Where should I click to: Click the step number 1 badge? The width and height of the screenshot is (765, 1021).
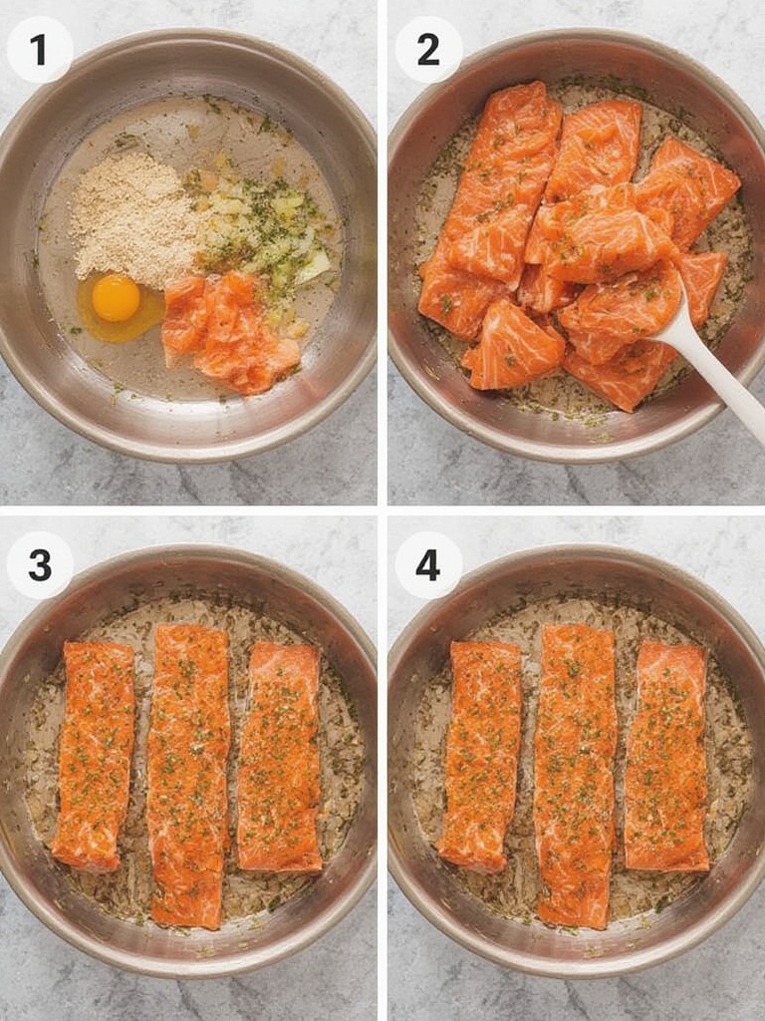click(x=40, y=49)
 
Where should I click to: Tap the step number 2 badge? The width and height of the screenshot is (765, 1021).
click(x=428, y=49)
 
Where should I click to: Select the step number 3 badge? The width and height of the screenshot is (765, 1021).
click(x=40, y=565)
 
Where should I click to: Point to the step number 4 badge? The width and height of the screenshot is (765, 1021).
click(x=428, y=565)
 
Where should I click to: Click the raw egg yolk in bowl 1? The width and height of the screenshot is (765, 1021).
click(x=117, y=297)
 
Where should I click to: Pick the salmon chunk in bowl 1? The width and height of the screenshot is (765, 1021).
click(x=229, y=331)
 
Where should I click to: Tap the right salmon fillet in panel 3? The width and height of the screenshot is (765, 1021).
click(x=280, y=756)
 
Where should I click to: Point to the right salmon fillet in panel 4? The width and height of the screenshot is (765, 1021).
click(x=666, y=756)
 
